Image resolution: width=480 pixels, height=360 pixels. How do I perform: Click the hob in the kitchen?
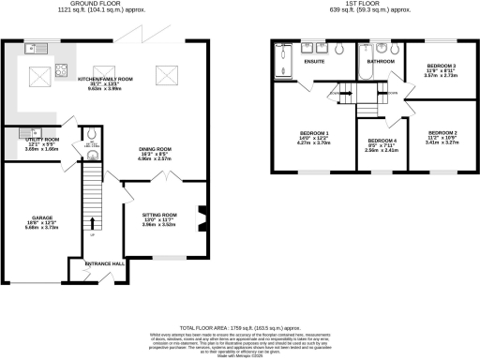(63, 68)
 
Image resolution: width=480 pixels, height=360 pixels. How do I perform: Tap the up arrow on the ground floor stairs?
(92, 233)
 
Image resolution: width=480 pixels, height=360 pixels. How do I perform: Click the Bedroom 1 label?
(314, 132)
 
